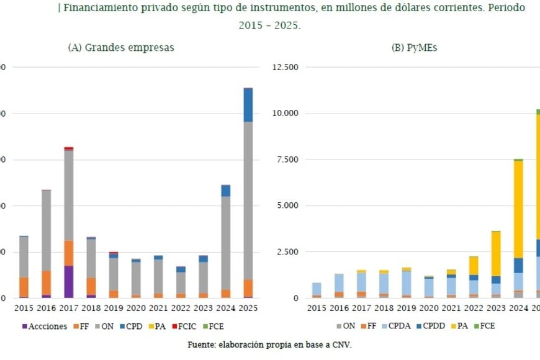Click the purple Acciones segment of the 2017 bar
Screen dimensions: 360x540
pyautogui.click(x=69, y=282)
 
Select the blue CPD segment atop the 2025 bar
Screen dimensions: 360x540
pyautogui.click(x=248, y=105)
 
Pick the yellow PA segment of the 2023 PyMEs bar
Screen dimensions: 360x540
pyautogui.click(x=495, y=254)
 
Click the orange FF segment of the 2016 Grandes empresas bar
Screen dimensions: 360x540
pyautogui.click(x=47, y=282)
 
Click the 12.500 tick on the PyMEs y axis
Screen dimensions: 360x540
pyautogui.click(x=286, y=67)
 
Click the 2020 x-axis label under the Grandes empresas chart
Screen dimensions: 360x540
pyautogui.click(x=136, y=308)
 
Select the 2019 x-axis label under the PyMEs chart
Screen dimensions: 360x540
pyautogui.click(x=406, y=308)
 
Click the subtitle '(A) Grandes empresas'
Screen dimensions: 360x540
pyautogui.click(x=121, y=47)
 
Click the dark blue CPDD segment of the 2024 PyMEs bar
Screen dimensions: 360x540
pyautogui.click(x=518, y=265)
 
